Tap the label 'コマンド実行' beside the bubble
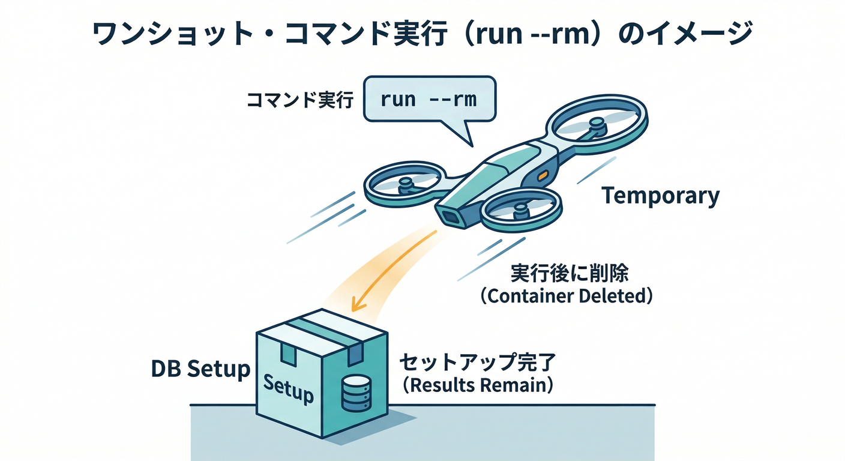pyautogui.click(x=301, y=100)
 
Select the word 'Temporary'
pyautogui.click(x=660, y=196)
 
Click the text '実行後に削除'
pyautogui.click(x=569, y=274)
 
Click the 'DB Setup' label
pyautogui.click(x=200, y=369)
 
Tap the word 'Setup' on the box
pyautogui.click(x=289, y=389)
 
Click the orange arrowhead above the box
pyautogui.click(x=358, y=304)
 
